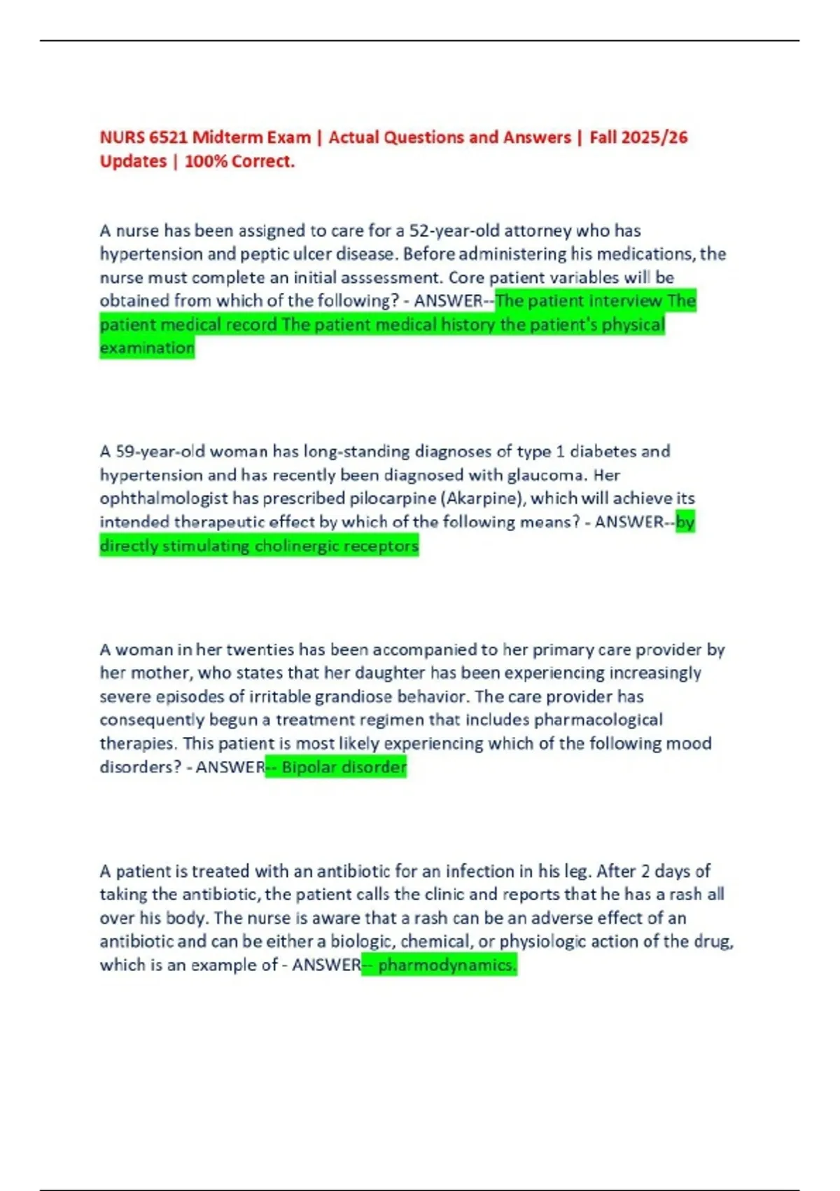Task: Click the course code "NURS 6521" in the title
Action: tap(143, 137)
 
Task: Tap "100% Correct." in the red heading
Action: tap(239, 161)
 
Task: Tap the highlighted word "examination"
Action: tap(146, 348)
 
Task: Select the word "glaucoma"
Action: tap(546, 475)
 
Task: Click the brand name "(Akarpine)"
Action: tap(482, 498)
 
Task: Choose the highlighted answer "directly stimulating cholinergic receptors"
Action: tap(259, 546)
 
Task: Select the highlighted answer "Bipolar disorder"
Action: tap(344, 767)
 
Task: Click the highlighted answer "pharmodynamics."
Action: tap(447, 965)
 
